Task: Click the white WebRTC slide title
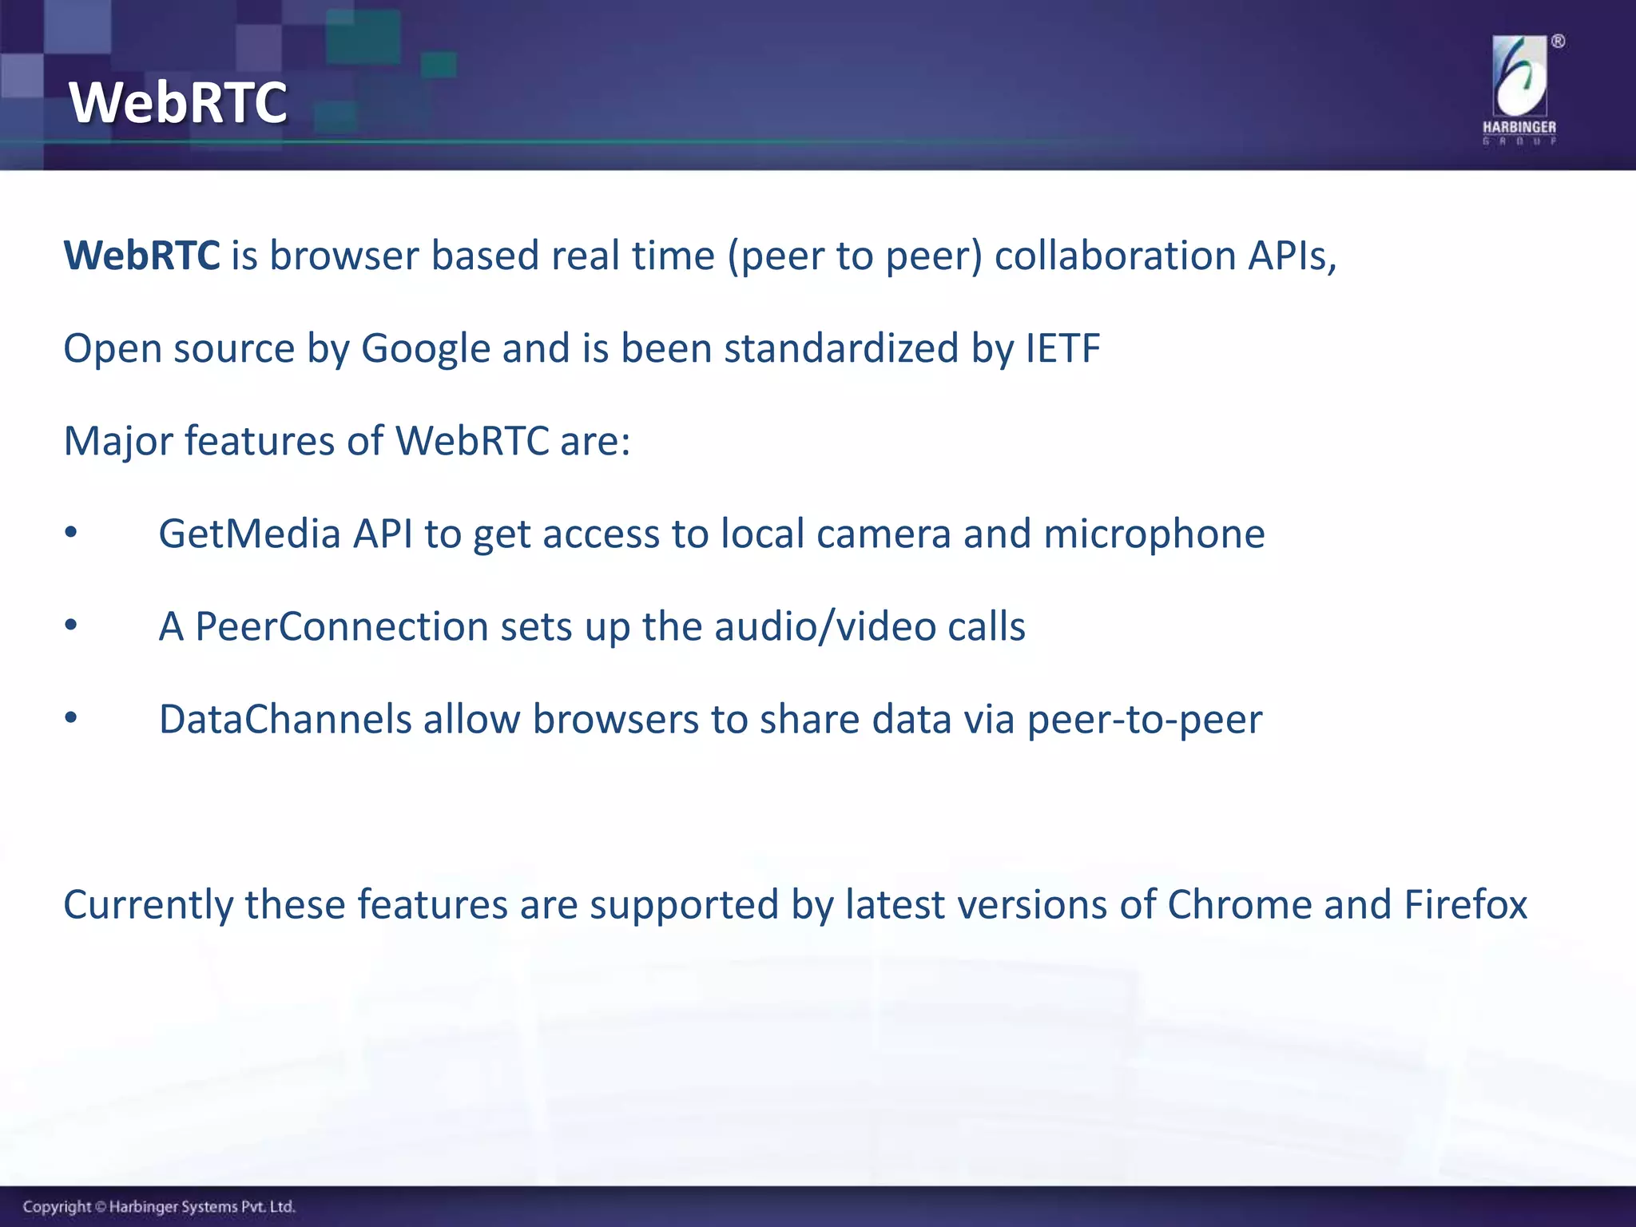(x=177, y=102)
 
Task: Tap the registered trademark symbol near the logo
(x=1558, y=42)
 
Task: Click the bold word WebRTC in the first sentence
(x=141, y=256)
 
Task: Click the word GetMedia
(x=249, y=534)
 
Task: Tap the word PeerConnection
(x=341, y=626)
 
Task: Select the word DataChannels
(x=284, y=719)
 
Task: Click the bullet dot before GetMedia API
(x=71, y=533)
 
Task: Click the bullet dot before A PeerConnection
(x=71, y=625)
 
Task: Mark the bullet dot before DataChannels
(x=71, y=718)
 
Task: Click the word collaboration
(x=1115, y=256)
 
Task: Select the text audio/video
(x=824, y=626)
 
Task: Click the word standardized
(x=840, y=348)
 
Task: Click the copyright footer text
(x=159, y=1206)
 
